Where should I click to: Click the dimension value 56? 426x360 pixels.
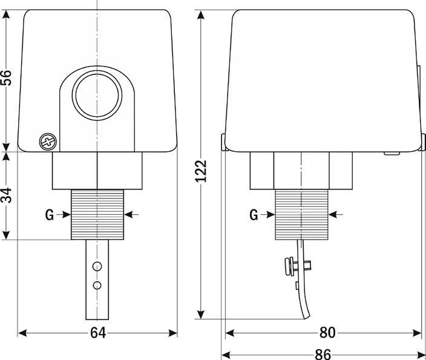coord(6,77)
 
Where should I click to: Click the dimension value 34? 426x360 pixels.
coord(6,195)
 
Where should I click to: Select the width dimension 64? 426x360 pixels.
coord(98,333)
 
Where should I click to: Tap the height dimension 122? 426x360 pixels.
coord(202,171)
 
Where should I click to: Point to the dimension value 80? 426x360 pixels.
coord(327,332)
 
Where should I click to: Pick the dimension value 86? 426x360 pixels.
coord(323,355)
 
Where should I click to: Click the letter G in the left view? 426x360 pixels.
coord(50,215)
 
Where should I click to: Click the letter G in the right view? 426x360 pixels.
coord(254,215)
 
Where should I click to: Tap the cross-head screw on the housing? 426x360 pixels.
coord(48,142)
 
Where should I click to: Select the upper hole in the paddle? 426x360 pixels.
coord(97,267)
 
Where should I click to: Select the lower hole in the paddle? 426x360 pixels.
coord(97,286)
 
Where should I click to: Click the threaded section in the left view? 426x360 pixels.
coord(97,214)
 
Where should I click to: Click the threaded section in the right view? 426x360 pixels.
coord(301,214)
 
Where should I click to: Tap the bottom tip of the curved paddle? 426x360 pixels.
coord(306,318)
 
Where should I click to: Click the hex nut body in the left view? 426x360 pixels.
coord(97,171)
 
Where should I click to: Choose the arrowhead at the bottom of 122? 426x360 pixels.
coord(201,314)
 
